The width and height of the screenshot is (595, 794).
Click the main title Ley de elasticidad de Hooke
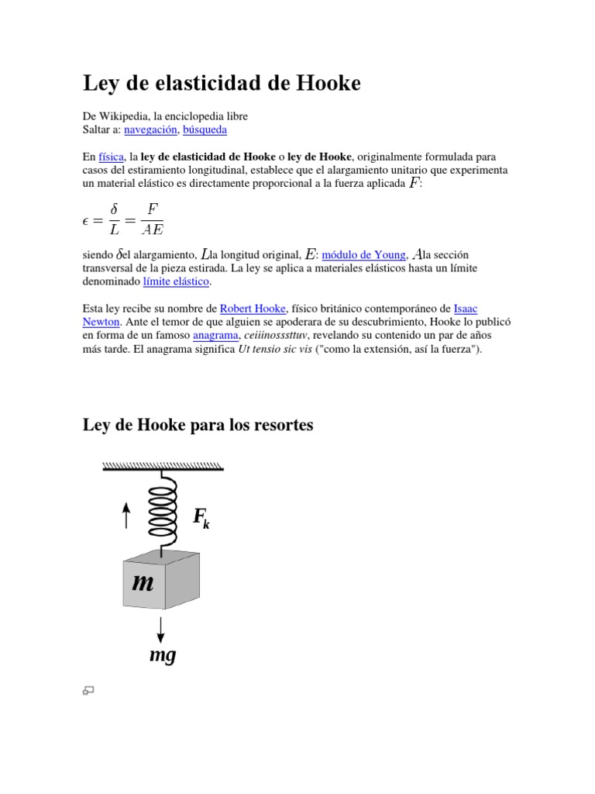tap(222, 84)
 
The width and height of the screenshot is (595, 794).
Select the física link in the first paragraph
tap(112, 156)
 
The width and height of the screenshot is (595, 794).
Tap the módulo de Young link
tap(363, 254)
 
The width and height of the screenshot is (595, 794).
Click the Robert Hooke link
tap(253, 308)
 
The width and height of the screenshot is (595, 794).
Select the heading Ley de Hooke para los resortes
tap(198, 426)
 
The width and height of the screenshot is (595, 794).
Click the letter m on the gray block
tap(143, 582)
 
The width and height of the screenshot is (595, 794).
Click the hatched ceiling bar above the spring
tap(163, 466)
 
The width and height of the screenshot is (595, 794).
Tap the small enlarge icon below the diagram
tap(88, 690)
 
